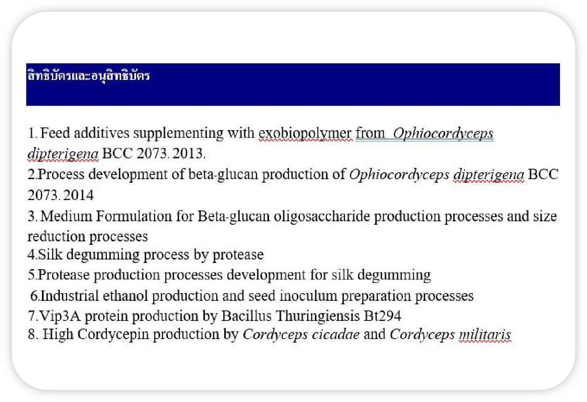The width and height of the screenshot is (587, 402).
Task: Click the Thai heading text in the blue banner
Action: [89, 76]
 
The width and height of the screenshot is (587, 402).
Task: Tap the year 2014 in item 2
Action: [78, 195]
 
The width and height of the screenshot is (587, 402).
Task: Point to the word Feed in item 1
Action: [55, 133]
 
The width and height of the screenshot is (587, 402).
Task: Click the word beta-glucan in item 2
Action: [223, 175]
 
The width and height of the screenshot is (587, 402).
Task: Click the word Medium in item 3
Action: [66, 216]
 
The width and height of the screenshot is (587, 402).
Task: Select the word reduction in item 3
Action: [56, 237]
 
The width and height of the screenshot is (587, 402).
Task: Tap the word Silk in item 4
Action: [50, 254]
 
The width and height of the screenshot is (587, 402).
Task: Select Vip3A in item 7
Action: [60, 316]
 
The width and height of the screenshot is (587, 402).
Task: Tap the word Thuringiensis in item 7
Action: [318, 316]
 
